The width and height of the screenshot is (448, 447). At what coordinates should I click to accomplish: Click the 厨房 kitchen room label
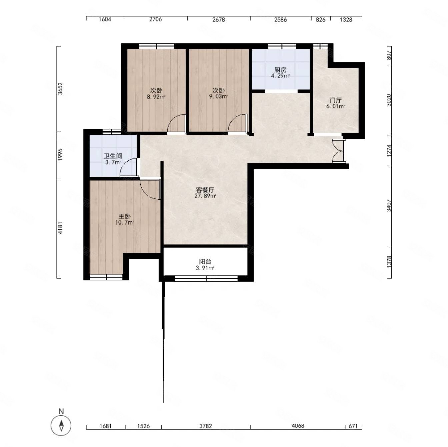tap(280, 70)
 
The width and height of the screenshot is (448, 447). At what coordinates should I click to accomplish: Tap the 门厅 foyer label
tap(335, 100)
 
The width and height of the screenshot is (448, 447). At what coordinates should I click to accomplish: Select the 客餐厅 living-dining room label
tap(205, 190)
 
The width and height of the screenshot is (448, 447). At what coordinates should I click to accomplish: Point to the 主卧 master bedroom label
tap(124, 216)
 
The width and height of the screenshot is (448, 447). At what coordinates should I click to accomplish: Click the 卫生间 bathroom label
tap(113, 156)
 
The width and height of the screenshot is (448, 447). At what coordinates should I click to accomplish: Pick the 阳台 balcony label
tap(205, 261)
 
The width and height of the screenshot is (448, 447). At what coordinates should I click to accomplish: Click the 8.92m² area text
tap(156, 96)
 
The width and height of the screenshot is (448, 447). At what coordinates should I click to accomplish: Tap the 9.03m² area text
tap(218, 96)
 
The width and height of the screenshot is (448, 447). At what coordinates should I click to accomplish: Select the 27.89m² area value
tap(205, 196)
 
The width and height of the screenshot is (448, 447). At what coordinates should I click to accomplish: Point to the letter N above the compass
tap(61, 411)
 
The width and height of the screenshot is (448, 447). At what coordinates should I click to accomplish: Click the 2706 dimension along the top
tap(156, 19)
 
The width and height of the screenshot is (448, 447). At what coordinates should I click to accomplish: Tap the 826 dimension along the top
tap(321, 20)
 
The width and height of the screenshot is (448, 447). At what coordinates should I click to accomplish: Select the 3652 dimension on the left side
tap(60, 89)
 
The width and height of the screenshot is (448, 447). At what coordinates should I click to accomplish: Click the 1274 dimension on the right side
tap(389, 151)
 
